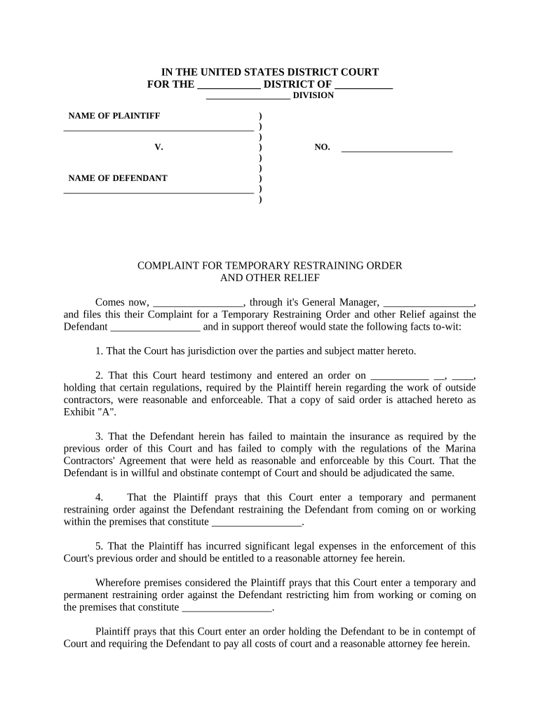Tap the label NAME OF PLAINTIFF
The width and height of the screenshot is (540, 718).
pyautogui.click(x=114, y=116)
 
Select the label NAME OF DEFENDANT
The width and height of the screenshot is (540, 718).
pyautogui.click(x=117, y=178)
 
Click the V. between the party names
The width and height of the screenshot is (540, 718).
pyautogui.click(x=158, y=147)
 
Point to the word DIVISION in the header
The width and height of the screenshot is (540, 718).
pyautogui.click(x=313, y=95)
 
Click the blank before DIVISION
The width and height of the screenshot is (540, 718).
pyautogui.click(x=248, y=97)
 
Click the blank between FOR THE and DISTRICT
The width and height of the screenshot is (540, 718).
pyautogui.click(x=229, y=86)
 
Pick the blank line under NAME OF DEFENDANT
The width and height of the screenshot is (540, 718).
pyautogui.click(x=158, y=191)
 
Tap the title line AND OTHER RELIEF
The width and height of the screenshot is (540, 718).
pyautogui.click(x=270, y=278)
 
